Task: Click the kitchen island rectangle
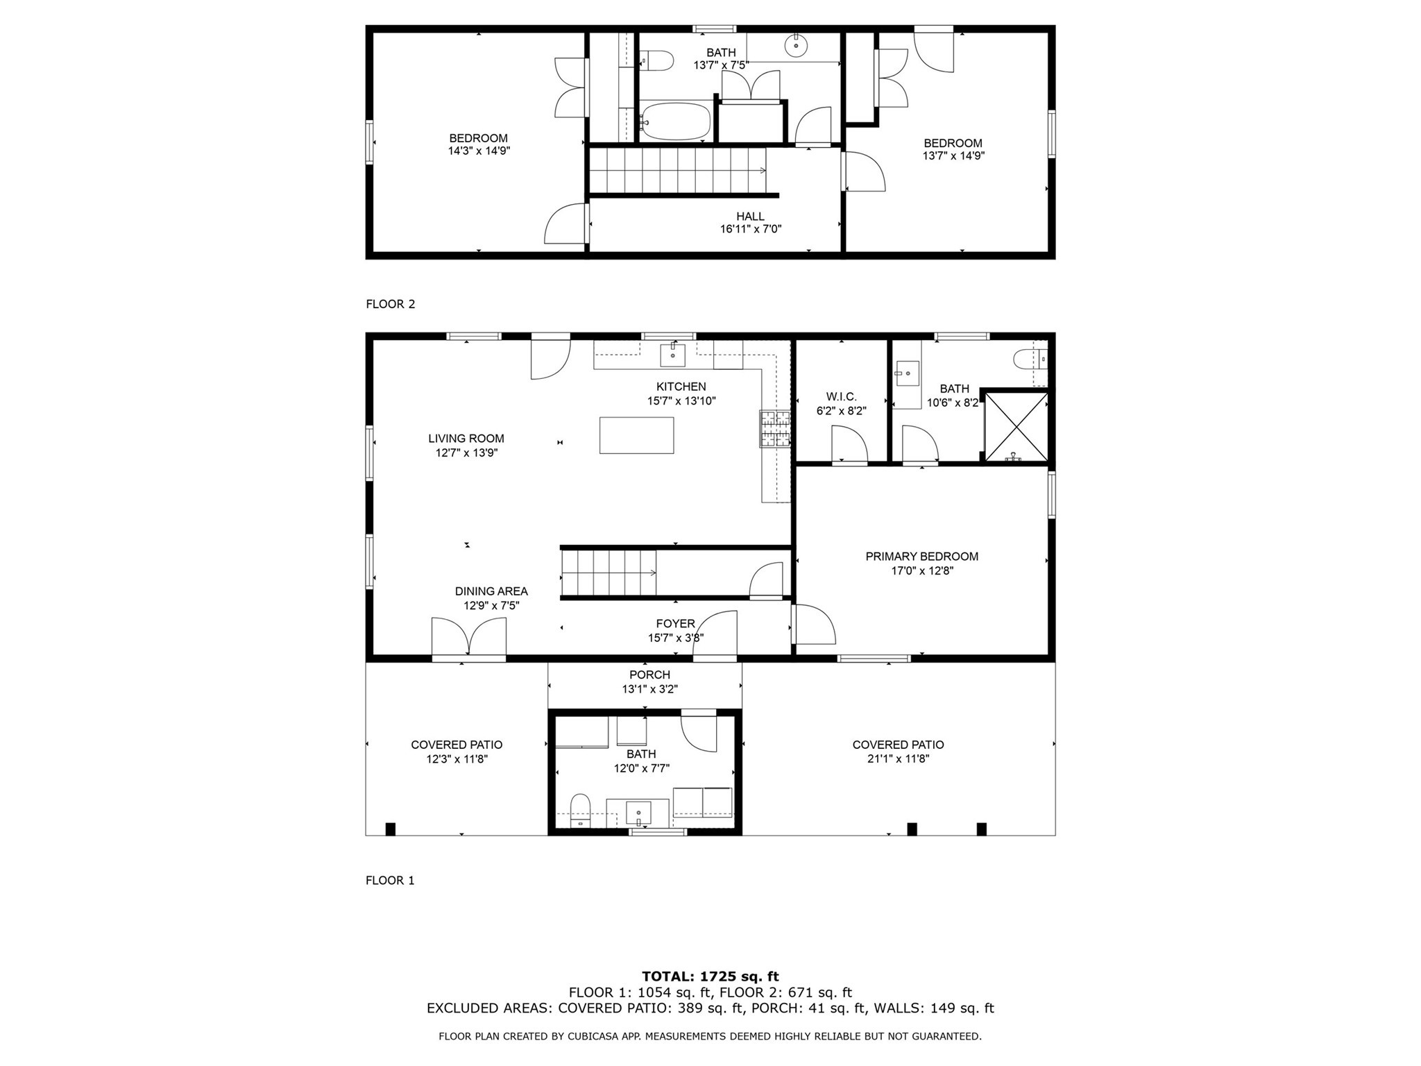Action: (x=636, y=435)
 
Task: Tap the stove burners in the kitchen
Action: (x=775, y=428)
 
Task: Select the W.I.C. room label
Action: (x=841, y=396)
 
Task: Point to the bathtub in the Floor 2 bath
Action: (x=675, y=121)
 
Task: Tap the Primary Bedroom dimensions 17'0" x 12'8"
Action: (x=922, y=571)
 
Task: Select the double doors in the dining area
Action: (x=469, y=636)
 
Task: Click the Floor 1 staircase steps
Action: (x=609, y=573)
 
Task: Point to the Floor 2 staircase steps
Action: (x=677, y=171)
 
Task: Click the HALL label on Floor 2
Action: (x=750, y=217)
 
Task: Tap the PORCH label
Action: (x=649, y=675)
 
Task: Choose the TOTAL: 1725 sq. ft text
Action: (x=710, y=976)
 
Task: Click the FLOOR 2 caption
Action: (x=390, y=304)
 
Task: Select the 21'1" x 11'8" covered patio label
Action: (x=898, y=759)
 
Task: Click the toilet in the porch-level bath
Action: (x=580, y=810)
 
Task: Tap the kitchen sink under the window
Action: (x=672, y=355)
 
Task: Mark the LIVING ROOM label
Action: (x=466, y=439)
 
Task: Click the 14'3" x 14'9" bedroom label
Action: (x=479, y=151)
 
